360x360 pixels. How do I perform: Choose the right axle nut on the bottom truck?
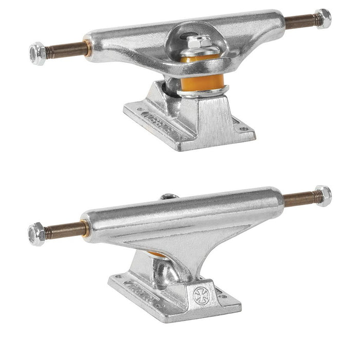pyautogui.click(x=322, y=196)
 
